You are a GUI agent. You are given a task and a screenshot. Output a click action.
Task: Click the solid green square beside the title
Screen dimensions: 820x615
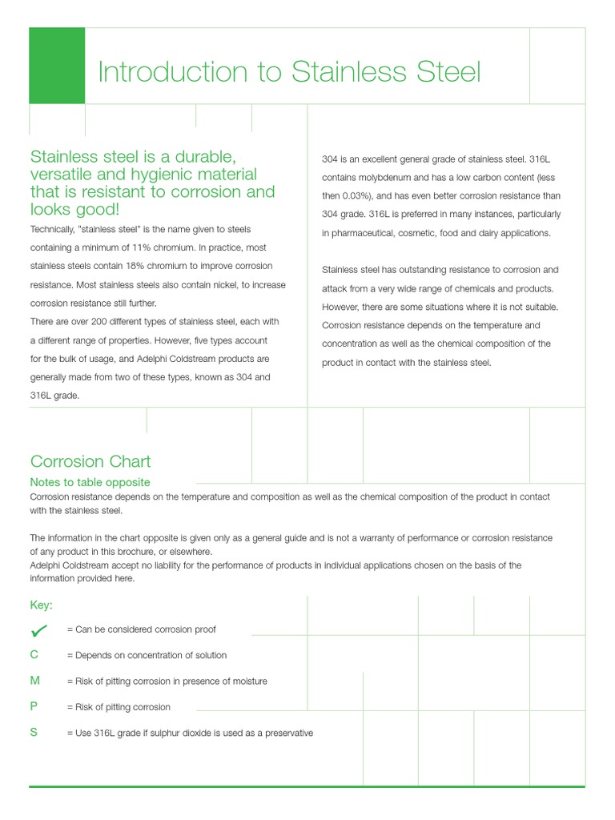57,66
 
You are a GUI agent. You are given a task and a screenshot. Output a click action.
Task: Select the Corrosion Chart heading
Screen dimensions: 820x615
90,461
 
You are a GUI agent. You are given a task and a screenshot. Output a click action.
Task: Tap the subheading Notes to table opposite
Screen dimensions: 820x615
90,482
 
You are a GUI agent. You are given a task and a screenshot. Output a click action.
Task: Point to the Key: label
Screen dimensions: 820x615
42,605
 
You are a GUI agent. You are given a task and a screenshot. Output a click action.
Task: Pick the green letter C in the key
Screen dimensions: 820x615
34,655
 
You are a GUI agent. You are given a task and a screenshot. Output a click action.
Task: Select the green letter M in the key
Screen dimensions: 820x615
34,681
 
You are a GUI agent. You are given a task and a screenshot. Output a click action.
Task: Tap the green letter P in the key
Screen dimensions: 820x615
34,707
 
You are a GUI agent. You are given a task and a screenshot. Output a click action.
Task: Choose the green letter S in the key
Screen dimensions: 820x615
34,733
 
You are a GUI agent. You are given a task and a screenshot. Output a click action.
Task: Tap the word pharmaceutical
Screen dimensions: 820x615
363,233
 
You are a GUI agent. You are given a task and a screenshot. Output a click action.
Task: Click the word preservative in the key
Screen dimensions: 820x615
287,733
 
